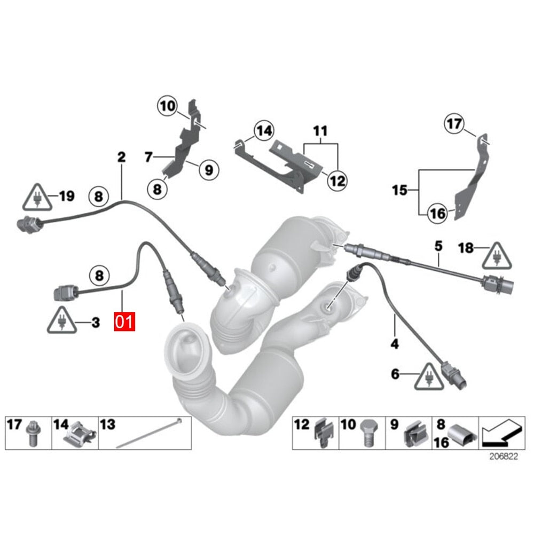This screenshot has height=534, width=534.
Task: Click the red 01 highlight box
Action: [124, 322]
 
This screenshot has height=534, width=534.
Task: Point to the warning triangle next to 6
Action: [430, 375]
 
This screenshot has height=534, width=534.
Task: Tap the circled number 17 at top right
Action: [454, 125]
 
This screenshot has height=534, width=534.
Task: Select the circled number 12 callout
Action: [337, 180]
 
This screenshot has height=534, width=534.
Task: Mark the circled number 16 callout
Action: [437, 214]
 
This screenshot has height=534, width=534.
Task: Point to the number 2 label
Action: [121, 157]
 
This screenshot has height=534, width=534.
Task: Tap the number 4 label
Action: [394, 344]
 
